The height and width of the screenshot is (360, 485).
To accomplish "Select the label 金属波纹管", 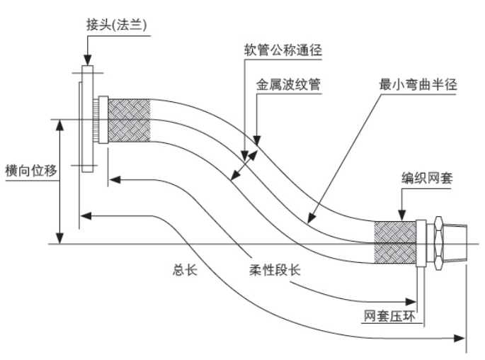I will pyautogui.click(x=288, y=84).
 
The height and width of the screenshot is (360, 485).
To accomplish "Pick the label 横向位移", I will pyautogui.click(x=30, y=172).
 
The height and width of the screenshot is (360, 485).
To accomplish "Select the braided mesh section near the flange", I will pyautogui.click(x=129, y=119).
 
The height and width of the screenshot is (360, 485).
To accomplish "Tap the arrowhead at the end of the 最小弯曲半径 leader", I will pyautogui.click(x=309, y=222).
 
